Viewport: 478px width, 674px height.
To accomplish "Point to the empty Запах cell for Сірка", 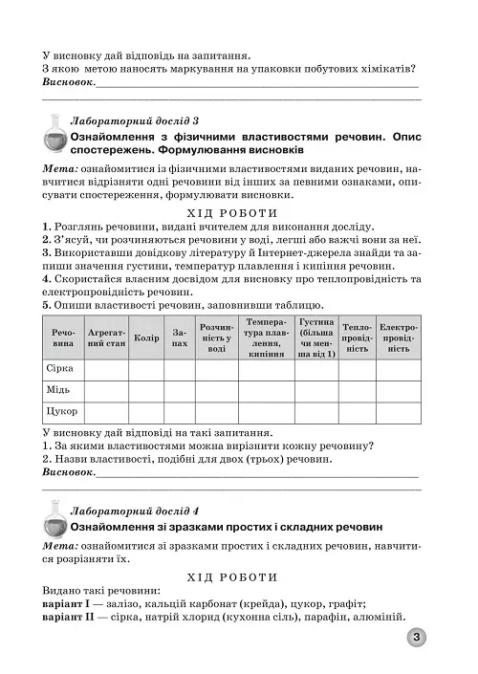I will [x=179, y=369].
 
